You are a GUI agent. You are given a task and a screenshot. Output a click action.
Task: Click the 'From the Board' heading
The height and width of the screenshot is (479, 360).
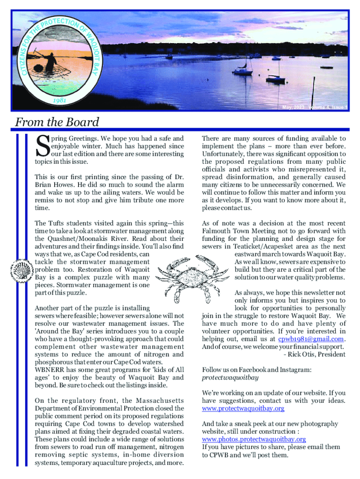(x=57, y=123)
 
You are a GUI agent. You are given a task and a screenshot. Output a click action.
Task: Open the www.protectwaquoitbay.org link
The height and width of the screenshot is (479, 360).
(x=243, y=408)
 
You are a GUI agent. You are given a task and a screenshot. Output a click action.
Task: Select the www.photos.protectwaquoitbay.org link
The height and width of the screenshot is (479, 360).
(x=254, y=439)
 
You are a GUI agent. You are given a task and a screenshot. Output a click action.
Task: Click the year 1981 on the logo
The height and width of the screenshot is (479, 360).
(x=61, y=101)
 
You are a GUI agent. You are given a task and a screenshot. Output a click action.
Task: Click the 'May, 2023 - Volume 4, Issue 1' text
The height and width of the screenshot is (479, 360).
(x=315, y=108)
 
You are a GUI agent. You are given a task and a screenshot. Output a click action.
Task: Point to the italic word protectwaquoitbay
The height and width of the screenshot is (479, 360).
(x=230, y=377)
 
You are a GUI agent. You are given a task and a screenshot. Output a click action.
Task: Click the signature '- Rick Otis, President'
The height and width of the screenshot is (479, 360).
(x=314, y=354)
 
